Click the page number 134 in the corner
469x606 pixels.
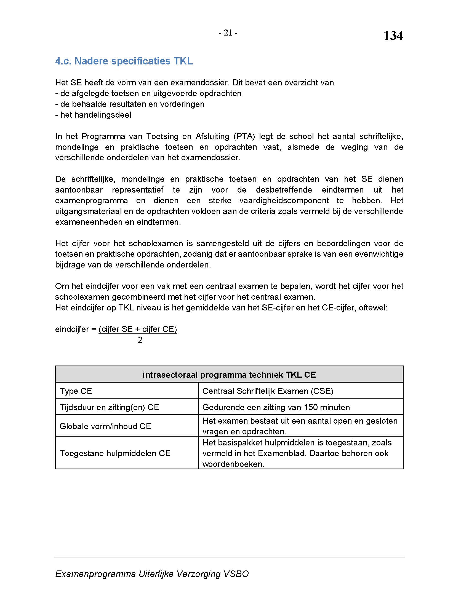393,36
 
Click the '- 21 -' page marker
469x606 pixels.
228,33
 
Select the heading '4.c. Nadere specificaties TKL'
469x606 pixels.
124,61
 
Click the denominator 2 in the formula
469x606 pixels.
140,340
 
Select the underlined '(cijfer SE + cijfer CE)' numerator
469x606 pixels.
138,329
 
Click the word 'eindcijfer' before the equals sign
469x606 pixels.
72,329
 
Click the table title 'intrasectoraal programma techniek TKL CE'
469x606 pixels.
229,375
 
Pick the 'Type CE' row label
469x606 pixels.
76,391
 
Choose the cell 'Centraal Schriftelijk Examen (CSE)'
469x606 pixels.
268,391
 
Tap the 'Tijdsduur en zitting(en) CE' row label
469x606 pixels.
109,407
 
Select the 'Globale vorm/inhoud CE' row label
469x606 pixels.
105,426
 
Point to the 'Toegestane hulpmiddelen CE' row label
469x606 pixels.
115,453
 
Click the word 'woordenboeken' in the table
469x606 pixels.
233,464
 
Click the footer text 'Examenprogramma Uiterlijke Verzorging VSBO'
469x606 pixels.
152,574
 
